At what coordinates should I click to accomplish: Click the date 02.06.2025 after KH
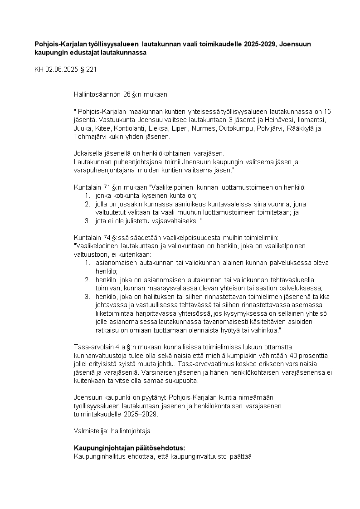61,70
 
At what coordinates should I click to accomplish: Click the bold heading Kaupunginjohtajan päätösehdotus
129,448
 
